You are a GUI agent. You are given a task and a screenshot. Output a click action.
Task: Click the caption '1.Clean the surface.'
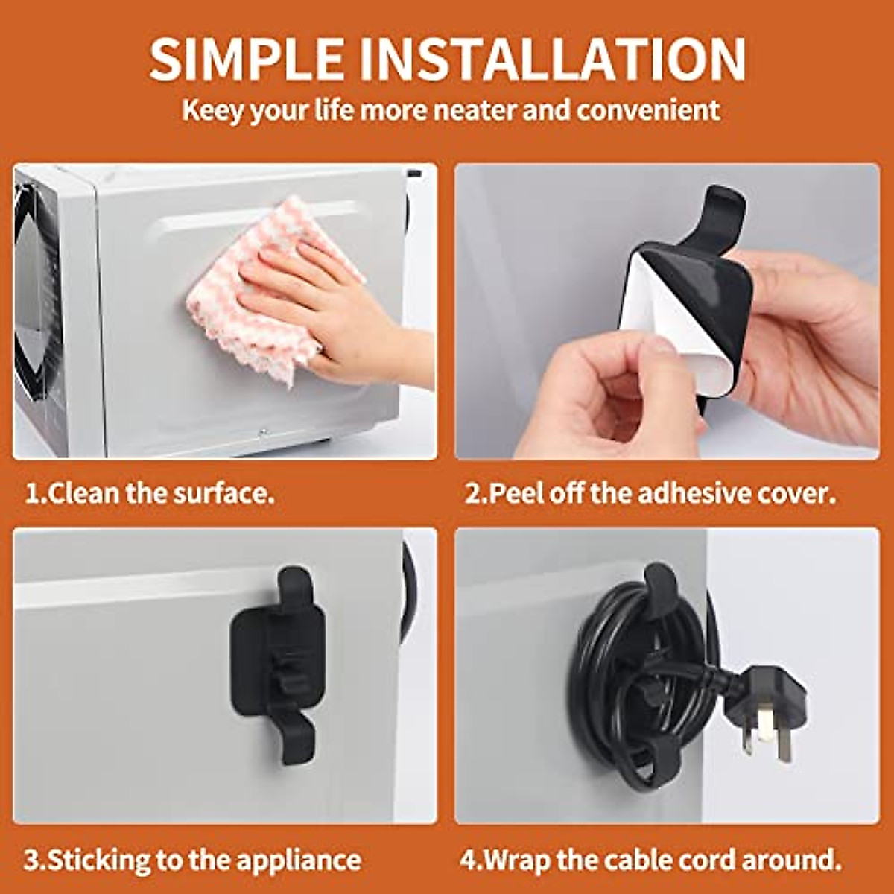(x=150, y=493)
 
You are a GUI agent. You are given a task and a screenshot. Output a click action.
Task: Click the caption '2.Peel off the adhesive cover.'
(x=650, y=493)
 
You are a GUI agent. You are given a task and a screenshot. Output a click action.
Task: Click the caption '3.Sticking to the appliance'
(x=192, y=860)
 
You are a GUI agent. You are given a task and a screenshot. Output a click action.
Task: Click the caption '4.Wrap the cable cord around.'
(x=650, y=860)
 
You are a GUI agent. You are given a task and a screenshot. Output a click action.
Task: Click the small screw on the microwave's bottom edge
(x=262, y=431)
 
